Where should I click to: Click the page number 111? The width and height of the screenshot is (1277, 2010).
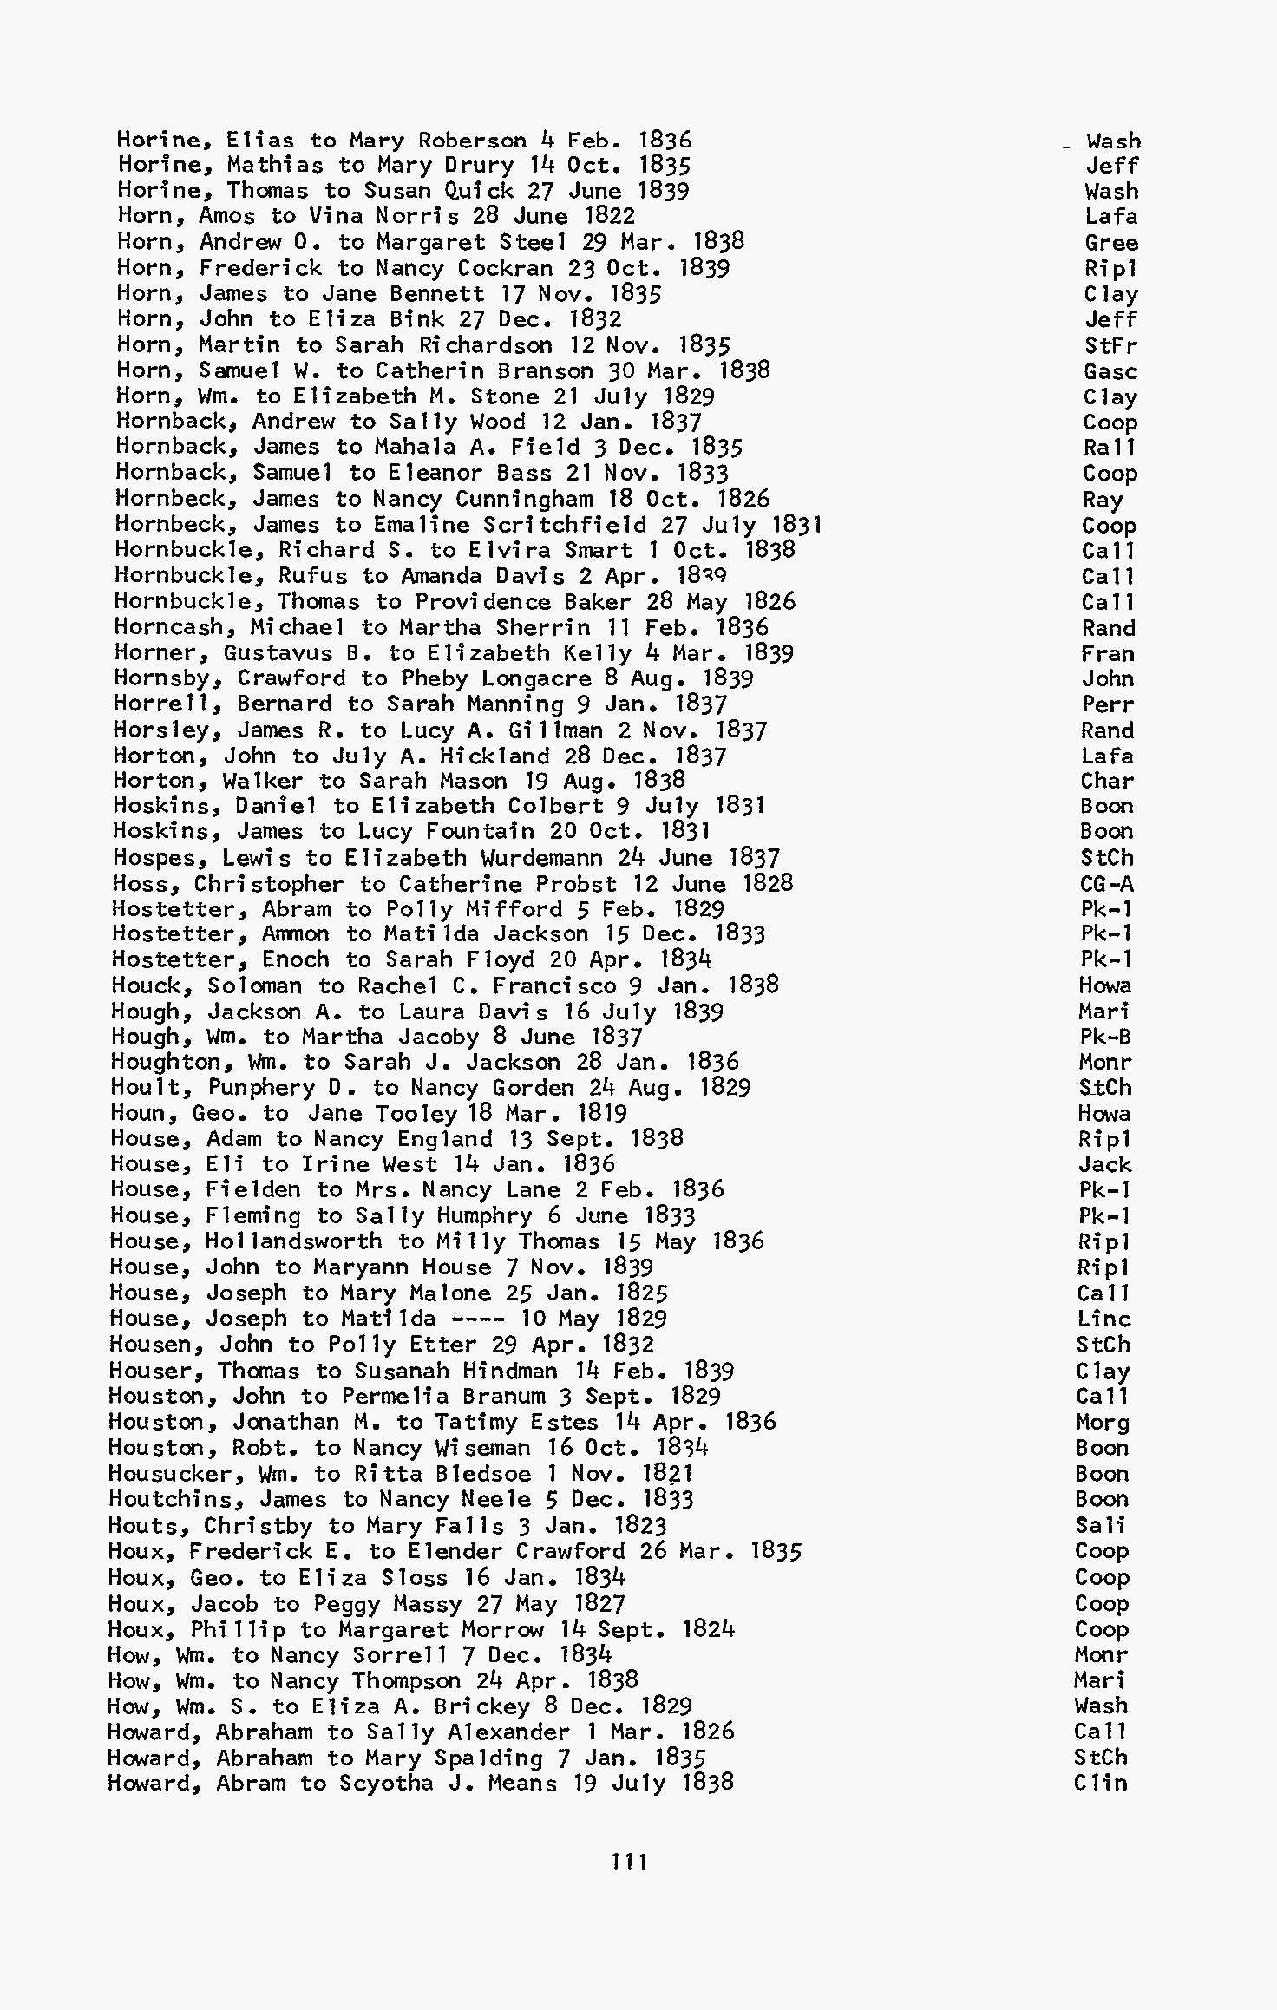click(629, 1862)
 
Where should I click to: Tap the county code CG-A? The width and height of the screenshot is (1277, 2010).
click(1107, 884)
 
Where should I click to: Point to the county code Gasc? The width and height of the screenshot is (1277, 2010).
click(1110, 372)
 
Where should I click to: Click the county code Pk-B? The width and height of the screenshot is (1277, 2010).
click(1105, 1037)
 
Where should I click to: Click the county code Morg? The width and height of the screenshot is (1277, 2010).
click(1103, 1423)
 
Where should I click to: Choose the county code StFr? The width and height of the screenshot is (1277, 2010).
click(1110, 346)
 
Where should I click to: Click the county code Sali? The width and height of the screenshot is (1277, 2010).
click(1101, 1525)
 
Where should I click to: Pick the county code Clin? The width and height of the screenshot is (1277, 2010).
click(1101, 1783)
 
